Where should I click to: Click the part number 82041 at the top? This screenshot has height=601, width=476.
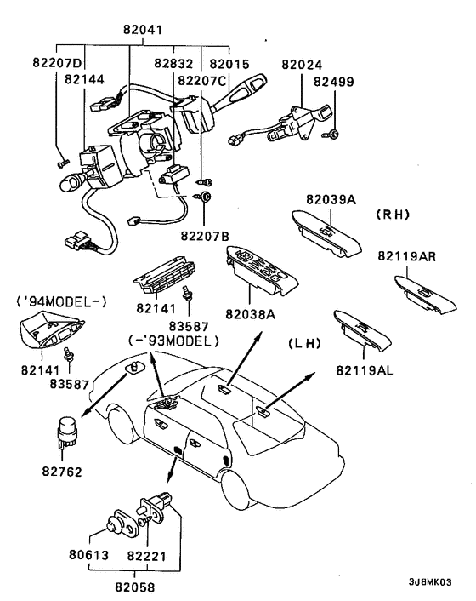(143, 30)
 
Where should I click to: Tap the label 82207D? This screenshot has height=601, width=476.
(58, 62)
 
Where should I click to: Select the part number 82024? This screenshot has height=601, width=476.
(302, 65)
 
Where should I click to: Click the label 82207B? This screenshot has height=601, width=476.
(205, 236)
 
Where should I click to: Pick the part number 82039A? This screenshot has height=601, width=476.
(331, 199)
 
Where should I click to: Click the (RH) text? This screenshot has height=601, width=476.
(393, 215)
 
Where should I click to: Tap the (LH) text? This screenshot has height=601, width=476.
(304, 343)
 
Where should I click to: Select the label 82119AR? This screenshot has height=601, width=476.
(407, 256)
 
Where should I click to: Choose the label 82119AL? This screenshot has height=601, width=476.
(365, 370)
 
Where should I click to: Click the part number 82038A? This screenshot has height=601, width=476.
(250, 314)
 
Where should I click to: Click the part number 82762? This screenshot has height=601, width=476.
(62, 472)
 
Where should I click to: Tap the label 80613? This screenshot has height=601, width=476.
(88, 555)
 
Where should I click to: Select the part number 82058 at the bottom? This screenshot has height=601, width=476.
(135, 587)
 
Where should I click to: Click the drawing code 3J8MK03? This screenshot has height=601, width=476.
(430, 581)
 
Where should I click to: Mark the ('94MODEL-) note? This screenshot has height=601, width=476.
(61, 302)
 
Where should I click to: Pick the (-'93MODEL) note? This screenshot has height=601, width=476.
(173, 341)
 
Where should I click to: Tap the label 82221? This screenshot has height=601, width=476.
(147, 555)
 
